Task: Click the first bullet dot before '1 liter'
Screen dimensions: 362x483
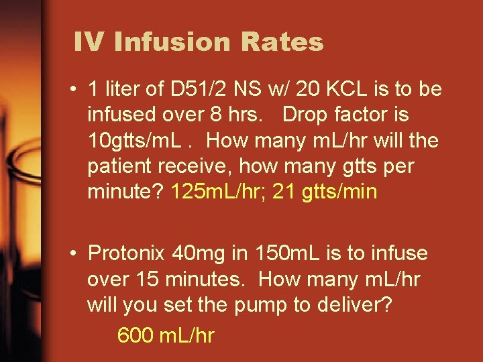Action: point(78,90)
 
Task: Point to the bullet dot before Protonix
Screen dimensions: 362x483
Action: point(78,254)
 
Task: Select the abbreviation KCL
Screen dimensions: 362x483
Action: point(341,90)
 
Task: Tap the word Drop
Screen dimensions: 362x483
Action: point(305,115)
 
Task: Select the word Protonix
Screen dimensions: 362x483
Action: point(127,254)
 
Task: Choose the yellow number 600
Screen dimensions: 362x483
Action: point(135,335)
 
